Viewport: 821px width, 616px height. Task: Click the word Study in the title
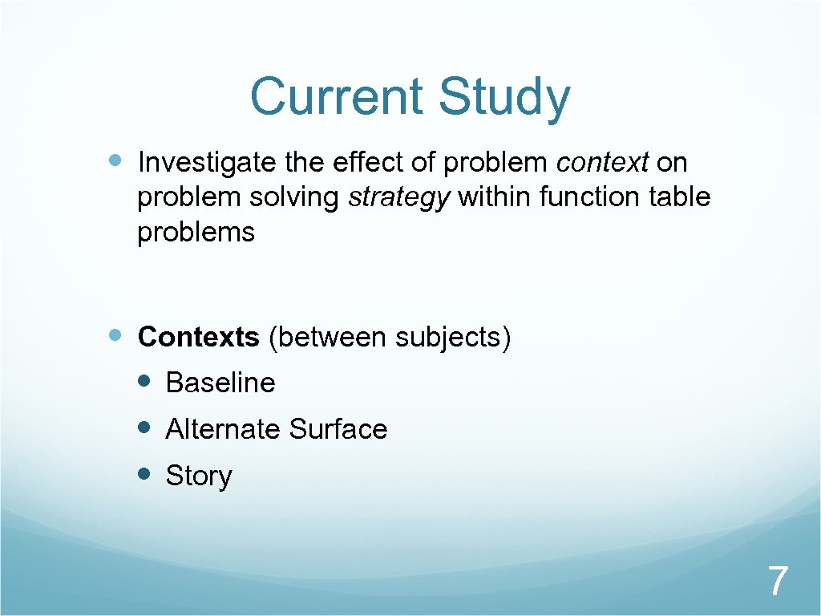[504, 98]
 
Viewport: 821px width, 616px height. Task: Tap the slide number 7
[777, 581]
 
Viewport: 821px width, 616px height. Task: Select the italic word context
[602, 163]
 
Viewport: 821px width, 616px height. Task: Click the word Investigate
[209, 164]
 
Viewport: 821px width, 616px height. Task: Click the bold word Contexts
[198, 337]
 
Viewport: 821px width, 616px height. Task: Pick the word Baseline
[220, 383]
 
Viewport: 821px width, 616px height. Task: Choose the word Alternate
[223, 429]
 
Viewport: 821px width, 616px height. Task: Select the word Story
[198, 476]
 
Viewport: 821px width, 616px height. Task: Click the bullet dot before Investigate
[115, 161]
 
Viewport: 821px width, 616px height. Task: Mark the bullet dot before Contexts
[115, 335]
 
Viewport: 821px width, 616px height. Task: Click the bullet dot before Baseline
[144, 381]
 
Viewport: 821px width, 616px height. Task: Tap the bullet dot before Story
[144, 474]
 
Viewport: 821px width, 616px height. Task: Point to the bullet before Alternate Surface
[144, 428]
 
